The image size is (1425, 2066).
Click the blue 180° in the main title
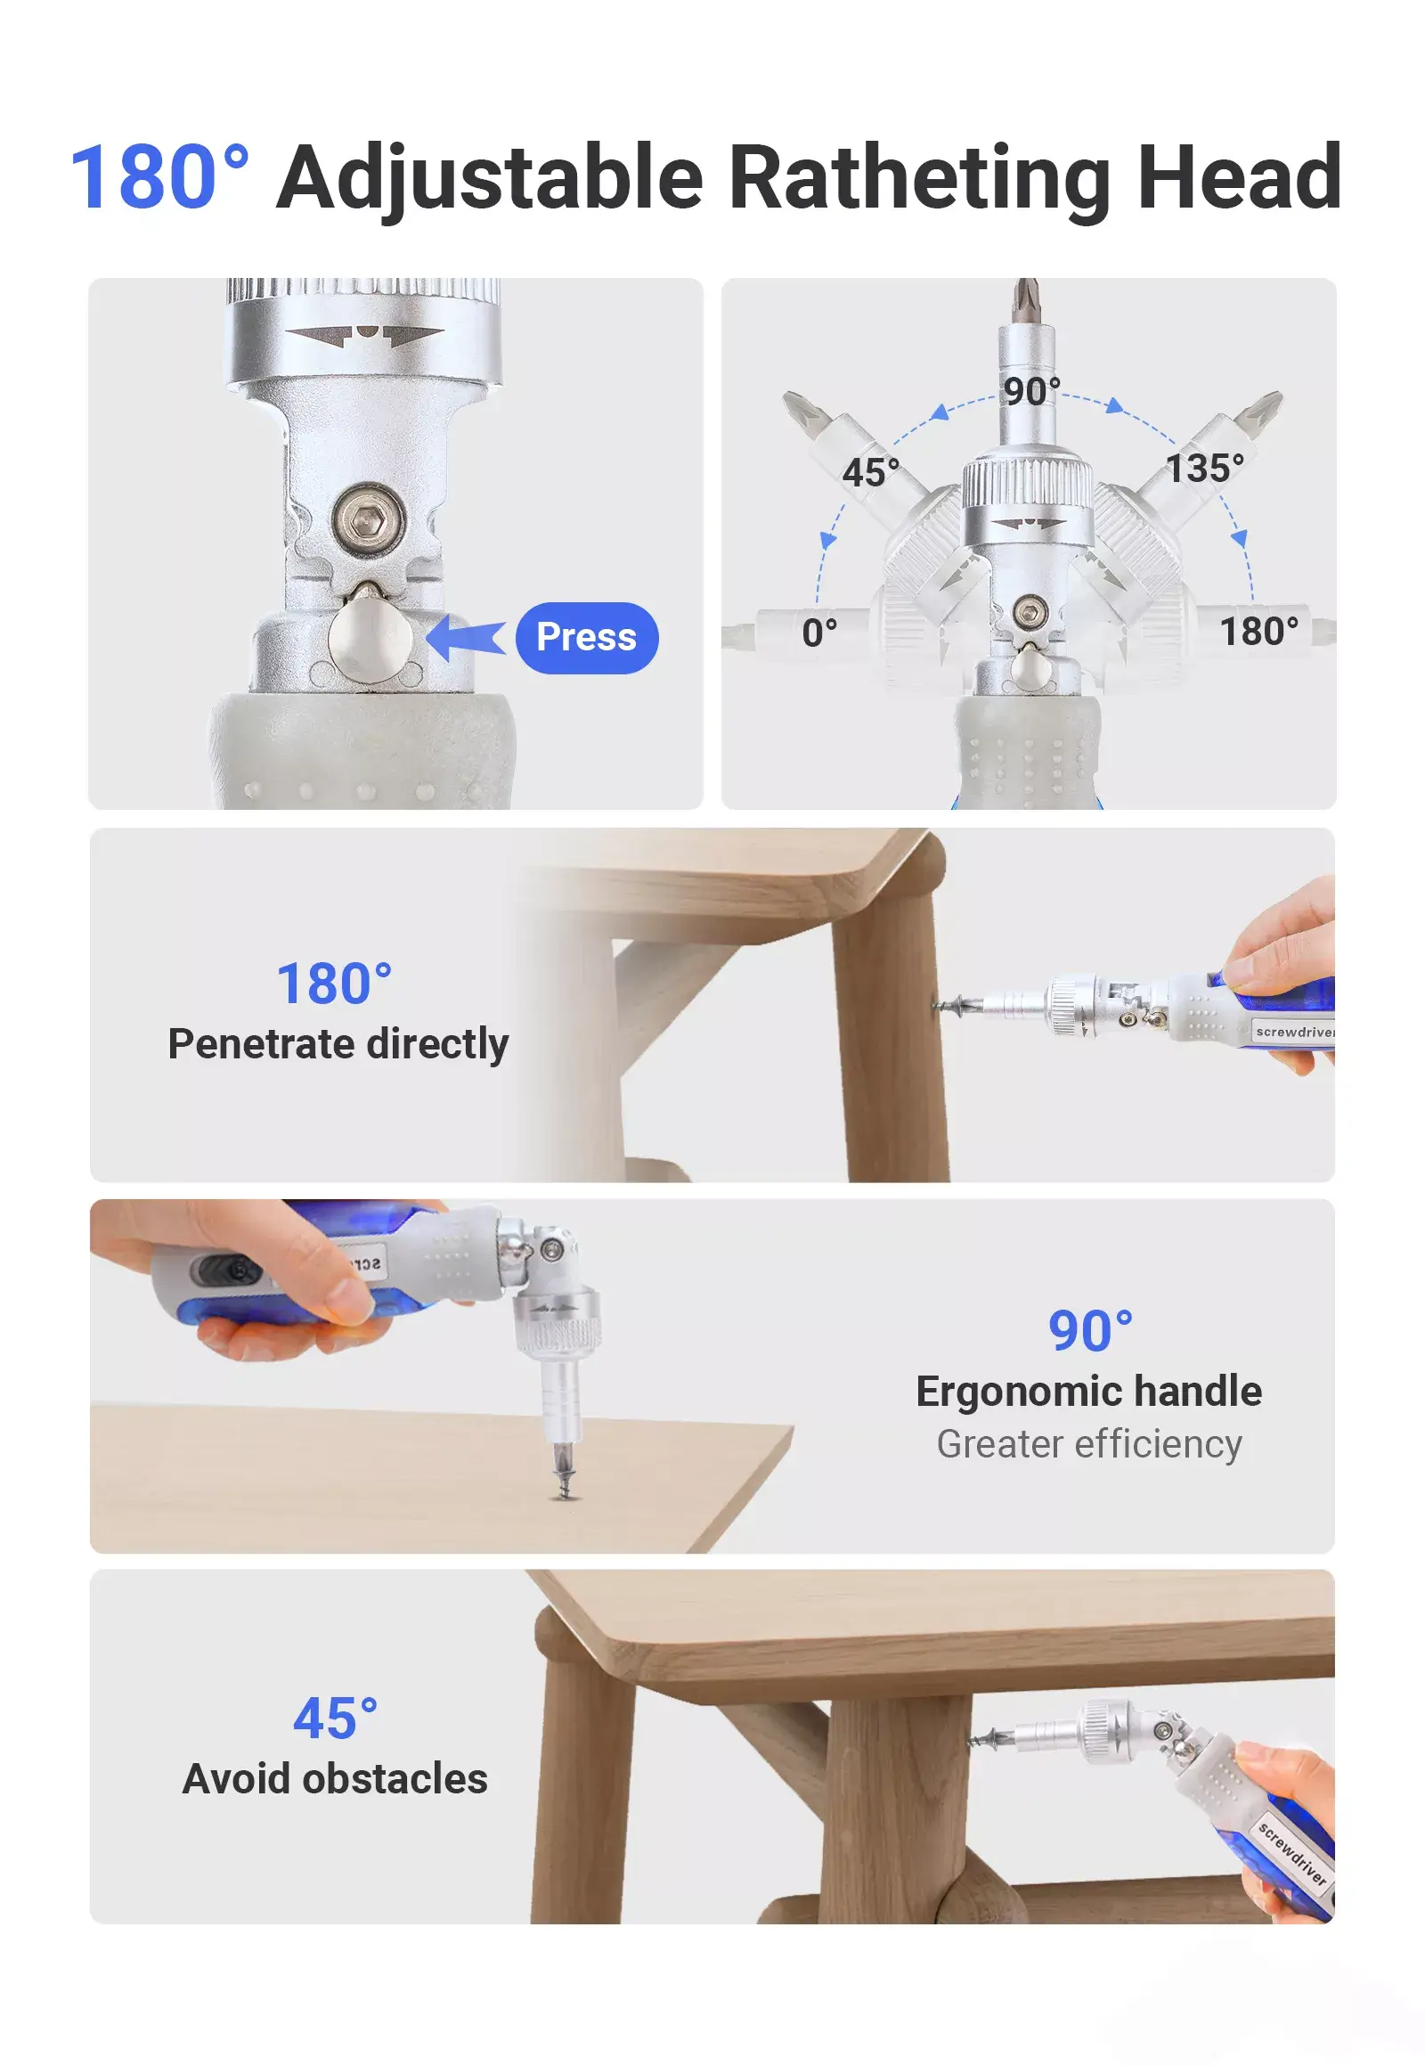(159, 177)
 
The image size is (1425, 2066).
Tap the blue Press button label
(587, 638)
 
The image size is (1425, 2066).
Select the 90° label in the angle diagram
(1031, 391)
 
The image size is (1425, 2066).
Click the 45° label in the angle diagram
(870, 472)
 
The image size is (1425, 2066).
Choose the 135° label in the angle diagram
(1204, 468)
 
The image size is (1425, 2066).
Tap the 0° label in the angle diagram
(819, 633)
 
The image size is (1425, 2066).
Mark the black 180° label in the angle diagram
(1259, 632)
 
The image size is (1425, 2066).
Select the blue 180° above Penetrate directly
(334, 984)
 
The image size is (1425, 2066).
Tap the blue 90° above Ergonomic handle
(1090, 1331)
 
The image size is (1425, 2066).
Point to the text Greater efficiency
(1089, 1443)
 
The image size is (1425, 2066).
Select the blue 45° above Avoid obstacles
(335, 1718)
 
